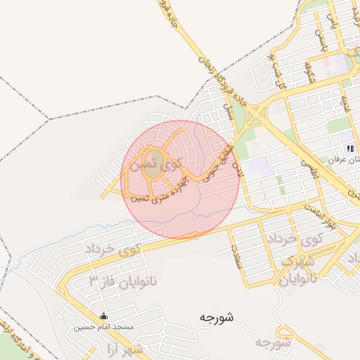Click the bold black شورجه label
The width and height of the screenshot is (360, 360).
click(216, 318)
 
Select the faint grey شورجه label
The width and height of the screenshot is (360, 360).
click(272, 342)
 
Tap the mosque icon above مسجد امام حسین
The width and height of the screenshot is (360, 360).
click(104, 316)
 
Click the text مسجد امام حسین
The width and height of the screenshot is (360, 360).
click(104, 327)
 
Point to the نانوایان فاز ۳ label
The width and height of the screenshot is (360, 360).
click(124, 281)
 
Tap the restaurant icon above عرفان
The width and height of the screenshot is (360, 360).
click(349, 148)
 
